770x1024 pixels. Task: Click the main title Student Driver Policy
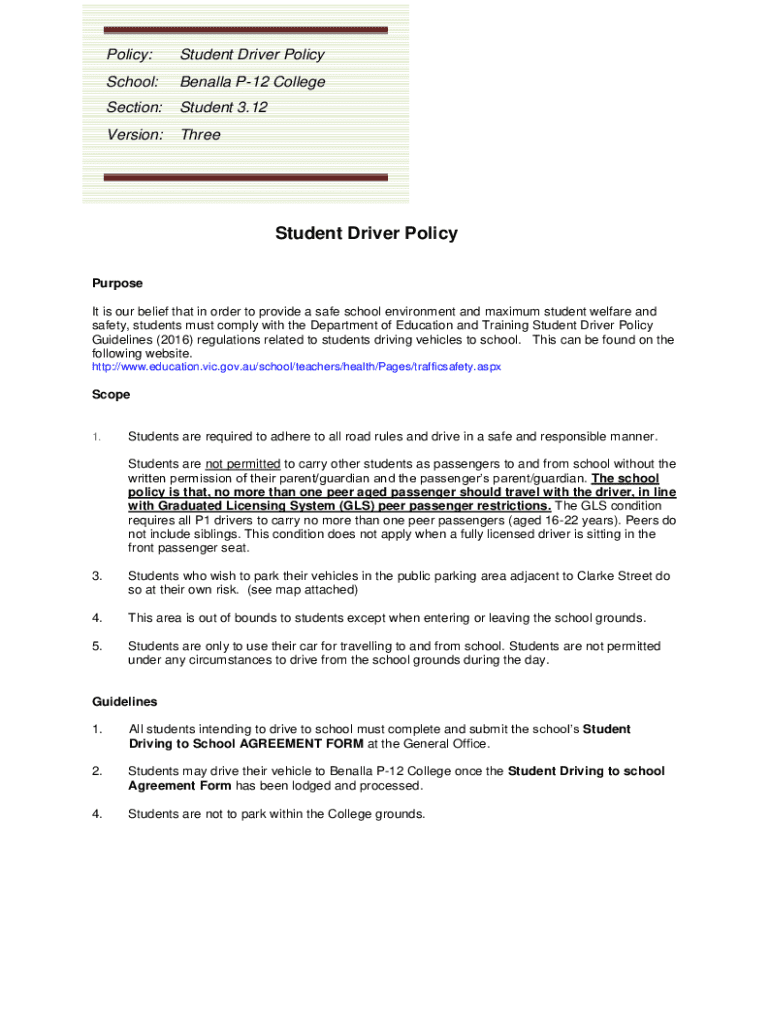(x=366, y=234)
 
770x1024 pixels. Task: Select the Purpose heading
(x=117, y=284)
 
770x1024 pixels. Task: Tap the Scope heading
(x=111, y=395)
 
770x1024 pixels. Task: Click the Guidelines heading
(x=124, y=702)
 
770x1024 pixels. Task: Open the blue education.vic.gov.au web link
(x=296, y=367)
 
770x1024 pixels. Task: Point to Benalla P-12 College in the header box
(x=252, y=82)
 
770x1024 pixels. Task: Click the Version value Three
(x=200, y=135)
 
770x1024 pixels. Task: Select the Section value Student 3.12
(x=223, y=108)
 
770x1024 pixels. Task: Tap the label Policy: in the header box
(x=130, y=55)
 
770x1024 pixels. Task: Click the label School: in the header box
(x=133, y=82)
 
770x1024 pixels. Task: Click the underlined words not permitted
(x=243, y=464)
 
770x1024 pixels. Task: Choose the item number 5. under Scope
(x=97, y=646)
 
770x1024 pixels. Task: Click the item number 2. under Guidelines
(x=97, y=771)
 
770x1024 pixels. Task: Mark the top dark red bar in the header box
(x=245, y=30)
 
